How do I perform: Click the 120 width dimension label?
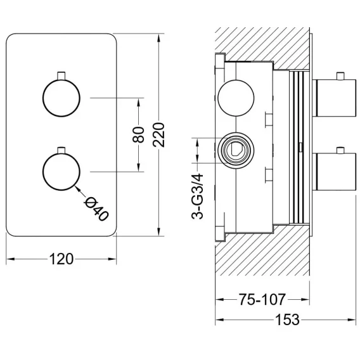(x=61, y=259)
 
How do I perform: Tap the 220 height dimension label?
(x=159, y=135)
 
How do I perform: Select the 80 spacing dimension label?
(x=138, y=135)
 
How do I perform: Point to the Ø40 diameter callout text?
(x=96, y=209)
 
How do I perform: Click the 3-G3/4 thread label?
(x=197, y=196)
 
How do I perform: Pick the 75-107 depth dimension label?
(x=262, y=299)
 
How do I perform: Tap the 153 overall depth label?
(x=287, y=319)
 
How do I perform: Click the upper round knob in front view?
(x=61, y=98)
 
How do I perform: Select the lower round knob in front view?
(x=61, y=172)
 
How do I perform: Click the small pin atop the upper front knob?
(x=61, y=75)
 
